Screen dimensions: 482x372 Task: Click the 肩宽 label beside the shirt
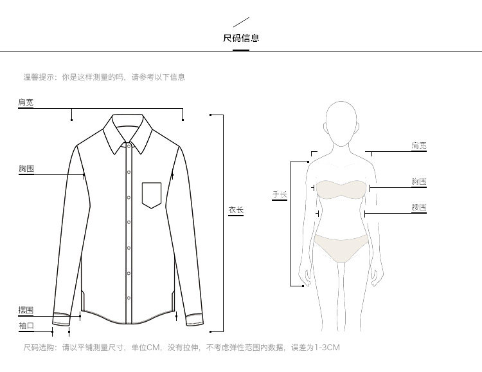26,102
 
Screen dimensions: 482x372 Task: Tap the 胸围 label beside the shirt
26,169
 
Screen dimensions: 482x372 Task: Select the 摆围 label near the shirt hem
26,311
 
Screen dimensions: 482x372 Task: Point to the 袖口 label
26,326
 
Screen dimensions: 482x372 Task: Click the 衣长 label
236,209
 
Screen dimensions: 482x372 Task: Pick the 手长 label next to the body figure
279,194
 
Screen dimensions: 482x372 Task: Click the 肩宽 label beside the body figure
419,146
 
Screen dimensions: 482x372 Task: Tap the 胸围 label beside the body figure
419,182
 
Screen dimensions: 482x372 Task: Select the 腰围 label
419,208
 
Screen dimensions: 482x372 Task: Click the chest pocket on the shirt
152,195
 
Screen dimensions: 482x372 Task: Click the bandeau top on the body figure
340,189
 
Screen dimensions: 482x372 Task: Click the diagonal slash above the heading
241,24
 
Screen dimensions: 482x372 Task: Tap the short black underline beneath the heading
241,50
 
